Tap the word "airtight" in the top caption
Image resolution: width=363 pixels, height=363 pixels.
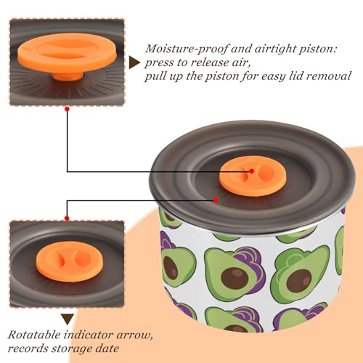(x=273, y=49)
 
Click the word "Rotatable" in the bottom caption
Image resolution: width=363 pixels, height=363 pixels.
(x=34, y=335)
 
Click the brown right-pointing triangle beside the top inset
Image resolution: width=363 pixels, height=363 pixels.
(x=134, y=62)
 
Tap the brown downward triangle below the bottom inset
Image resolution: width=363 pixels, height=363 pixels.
(x=68, y=319)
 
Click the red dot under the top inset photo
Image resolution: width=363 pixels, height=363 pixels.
(x=68, y=109)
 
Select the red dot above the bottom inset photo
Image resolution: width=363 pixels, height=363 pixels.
(x=67, y=219)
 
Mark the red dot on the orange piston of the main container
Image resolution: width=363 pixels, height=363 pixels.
(x=252, y=171)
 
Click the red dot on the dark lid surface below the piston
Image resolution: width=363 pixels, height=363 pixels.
(x=216, y=200)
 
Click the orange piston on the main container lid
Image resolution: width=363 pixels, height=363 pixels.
(x=253, y=176)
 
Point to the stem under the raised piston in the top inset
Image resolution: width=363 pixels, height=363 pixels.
(x=68, y=76)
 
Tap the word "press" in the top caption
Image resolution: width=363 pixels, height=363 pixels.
(x=159, y=63)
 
